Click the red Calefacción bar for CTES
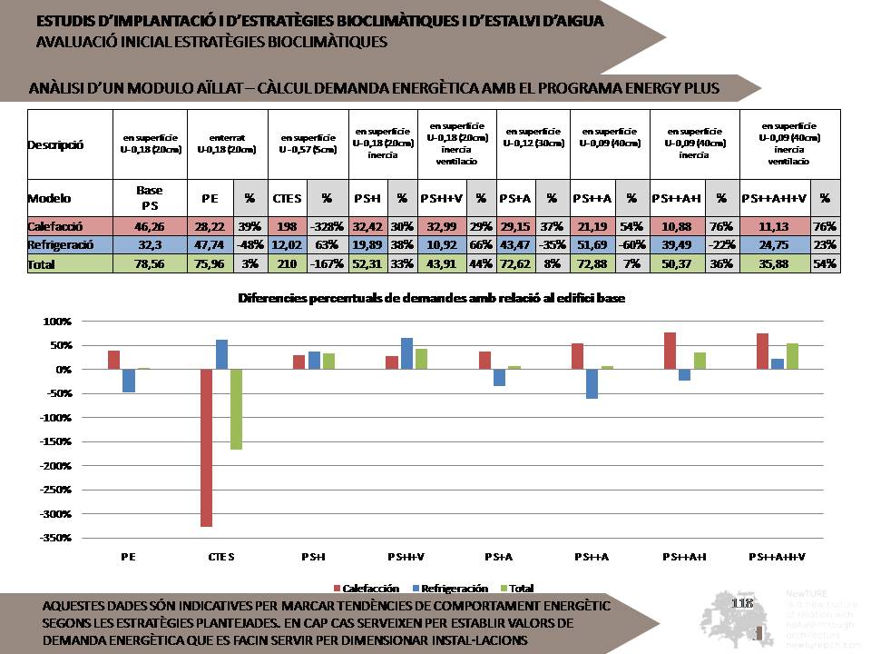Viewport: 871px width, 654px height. click(x=207, y=448)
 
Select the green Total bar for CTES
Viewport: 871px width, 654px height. click(x=236, y=410)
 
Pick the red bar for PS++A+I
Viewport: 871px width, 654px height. click(x=670, y=351)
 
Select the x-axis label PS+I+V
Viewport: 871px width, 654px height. click(x=407, y=555)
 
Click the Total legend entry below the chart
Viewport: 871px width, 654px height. click(x=514, y=589)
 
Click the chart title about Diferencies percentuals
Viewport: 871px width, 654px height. click(x=432, y=298)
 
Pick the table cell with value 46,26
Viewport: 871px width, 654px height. click(x=149, y=226)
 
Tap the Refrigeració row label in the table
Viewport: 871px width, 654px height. click(x=58, y=244)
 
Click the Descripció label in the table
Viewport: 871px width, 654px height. click(x=55, y=144)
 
